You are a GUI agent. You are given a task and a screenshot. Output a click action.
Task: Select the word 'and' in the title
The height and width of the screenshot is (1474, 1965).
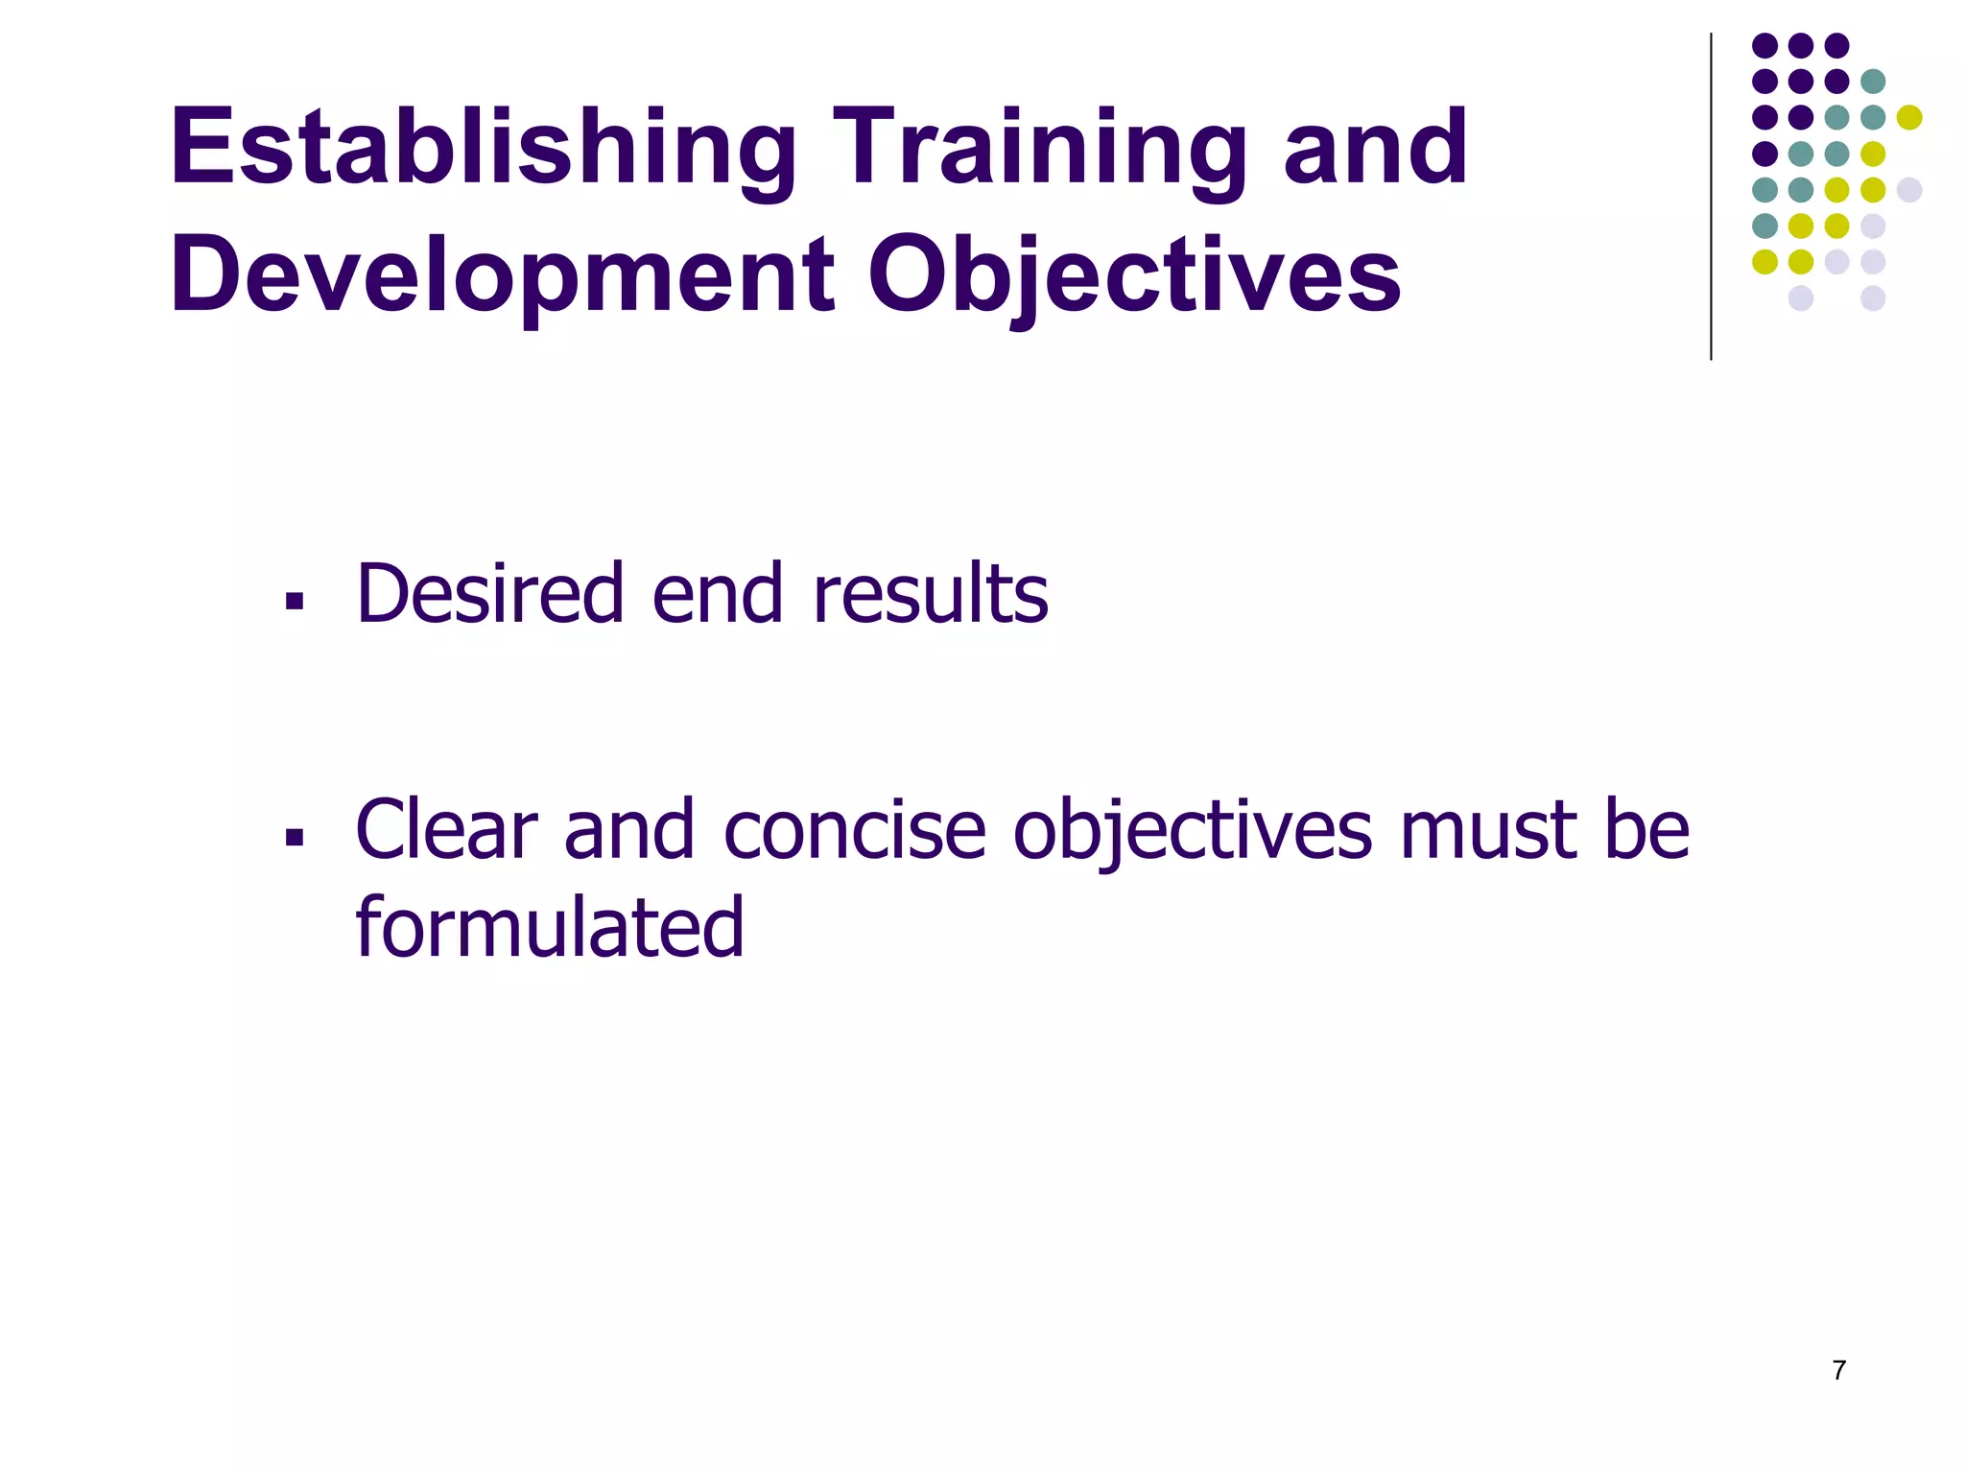coord(1376,149)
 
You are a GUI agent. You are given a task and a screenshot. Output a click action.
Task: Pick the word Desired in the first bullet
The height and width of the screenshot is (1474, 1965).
coord(490,594)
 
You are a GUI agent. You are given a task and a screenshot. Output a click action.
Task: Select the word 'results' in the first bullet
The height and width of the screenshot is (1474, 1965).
coord(930,594)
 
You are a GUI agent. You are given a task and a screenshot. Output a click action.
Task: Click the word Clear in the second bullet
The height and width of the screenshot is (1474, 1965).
coord(446,830)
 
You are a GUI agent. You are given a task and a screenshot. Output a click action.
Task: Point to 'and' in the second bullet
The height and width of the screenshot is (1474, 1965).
coord(629,830)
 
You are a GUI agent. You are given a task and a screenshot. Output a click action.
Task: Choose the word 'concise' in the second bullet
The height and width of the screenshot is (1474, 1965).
coord(855,830)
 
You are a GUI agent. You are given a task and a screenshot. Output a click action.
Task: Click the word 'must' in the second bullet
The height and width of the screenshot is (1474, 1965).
coord(1488,830)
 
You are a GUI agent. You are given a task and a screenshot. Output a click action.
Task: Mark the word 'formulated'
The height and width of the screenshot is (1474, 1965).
coord(550,928)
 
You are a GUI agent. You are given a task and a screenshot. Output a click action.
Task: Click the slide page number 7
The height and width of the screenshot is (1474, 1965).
coord(1838,1370)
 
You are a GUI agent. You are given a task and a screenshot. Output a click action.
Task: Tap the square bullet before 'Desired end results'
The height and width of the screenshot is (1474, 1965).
coord(295,602)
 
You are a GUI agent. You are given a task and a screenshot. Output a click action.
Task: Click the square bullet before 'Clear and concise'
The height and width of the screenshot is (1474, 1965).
coord(295,838)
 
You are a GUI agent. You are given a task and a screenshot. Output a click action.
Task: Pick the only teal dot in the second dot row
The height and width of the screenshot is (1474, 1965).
coord(1873,82)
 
